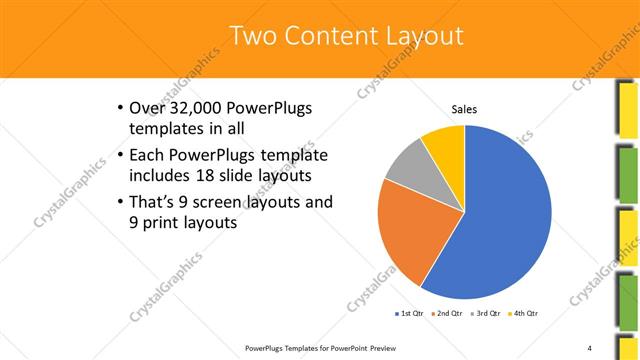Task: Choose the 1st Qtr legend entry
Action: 410,314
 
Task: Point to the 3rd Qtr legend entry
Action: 487,314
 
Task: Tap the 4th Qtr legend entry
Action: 525,314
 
